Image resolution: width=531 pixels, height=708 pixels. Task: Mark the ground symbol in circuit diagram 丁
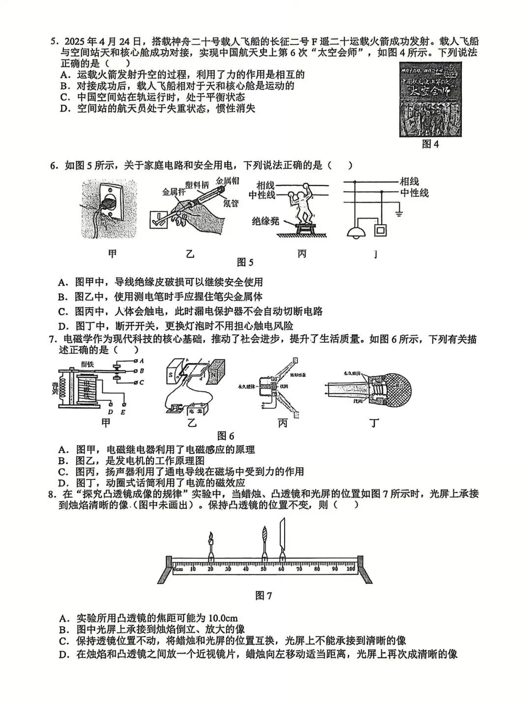[399, 212]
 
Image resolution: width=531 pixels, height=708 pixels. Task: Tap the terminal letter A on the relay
[142, 361]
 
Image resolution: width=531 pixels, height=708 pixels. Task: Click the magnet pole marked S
[171, 375]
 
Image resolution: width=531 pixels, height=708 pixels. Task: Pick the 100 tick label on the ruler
[351, 569]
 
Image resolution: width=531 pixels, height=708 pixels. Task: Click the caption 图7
[264, 595]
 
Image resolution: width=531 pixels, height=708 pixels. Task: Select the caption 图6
[226, 436]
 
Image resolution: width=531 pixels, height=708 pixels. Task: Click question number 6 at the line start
[54, 166]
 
